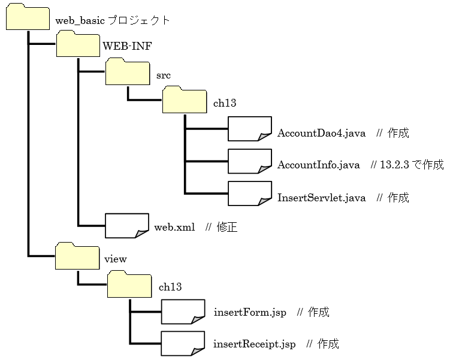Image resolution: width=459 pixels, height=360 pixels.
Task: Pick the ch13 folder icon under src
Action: click(185, 100)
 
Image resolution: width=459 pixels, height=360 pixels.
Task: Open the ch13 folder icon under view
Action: click(129, 284)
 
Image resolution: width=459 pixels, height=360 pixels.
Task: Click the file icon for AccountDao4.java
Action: click(250, 129)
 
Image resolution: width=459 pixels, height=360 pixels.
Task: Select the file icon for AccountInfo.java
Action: click(250, 162)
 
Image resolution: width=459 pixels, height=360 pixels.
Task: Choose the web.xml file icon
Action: click(126, 226)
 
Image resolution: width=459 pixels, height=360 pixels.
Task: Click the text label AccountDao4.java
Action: click(321, 133)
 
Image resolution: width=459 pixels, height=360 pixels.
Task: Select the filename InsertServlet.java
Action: click(321, 198)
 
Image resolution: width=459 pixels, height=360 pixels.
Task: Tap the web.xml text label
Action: click(174, 228)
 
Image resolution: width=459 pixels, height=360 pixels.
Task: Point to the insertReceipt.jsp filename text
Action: click(254, 344)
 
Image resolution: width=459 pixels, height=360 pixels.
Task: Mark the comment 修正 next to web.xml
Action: click(227, 228)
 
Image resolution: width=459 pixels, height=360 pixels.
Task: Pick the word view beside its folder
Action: click(116, 259)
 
